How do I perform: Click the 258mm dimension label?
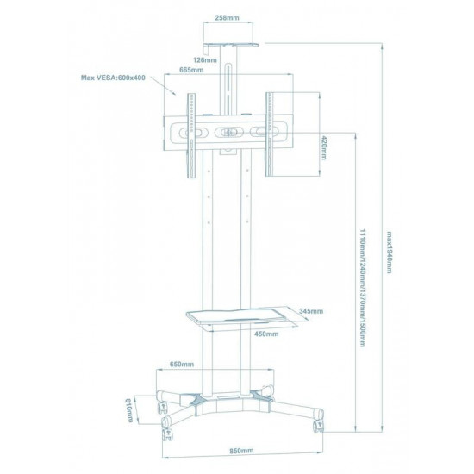[x=227, y=18]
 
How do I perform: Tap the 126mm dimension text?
[x=204, y=60]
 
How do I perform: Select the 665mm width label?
[x=191, y=70]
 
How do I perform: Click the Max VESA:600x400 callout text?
[x=113, y=78]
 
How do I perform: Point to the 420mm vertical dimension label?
[x=324, y=148]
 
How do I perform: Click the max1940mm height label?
[x=390, y=253]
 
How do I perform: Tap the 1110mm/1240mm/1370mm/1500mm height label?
[x=363, y=288]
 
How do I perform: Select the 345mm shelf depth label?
[x=311, y=311]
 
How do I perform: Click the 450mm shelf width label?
[x=266, y=334]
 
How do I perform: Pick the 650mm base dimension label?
[x=182, y=364]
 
